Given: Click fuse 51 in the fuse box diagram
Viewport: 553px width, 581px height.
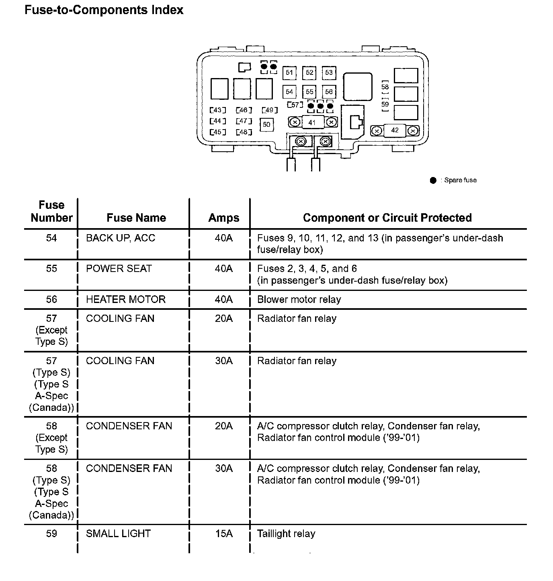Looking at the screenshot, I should (289, 73).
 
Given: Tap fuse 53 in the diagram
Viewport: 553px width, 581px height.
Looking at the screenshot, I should (329, 73).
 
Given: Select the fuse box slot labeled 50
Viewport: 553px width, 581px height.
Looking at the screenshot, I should (267, 125).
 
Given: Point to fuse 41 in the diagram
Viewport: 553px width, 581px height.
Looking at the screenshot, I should (312, 122).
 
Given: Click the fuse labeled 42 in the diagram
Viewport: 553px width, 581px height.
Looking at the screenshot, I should (395, 130).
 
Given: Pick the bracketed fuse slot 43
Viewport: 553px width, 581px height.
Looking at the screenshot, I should (218, 110).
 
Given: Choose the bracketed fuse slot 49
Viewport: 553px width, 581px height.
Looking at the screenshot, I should (269, 110).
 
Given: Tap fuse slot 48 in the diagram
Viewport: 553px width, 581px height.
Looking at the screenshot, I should (244, 132).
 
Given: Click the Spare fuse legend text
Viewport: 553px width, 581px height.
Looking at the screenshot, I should (460, 180).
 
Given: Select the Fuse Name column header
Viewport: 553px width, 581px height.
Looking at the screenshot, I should (136, 218).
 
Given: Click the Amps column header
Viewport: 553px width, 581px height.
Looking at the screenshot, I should (224, 218).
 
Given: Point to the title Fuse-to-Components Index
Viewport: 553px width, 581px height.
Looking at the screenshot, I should (104, 10).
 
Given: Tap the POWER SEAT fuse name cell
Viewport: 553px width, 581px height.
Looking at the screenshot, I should (119, 268).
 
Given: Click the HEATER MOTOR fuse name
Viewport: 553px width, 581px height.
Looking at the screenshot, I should (126, 299).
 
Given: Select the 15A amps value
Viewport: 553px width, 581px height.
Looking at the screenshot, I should (224, 534).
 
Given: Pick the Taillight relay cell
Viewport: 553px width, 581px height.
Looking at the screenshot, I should (286, 534).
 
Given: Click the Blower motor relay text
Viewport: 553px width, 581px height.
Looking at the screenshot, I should (299, 299).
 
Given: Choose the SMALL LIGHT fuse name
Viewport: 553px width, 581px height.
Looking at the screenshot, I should (118, 534).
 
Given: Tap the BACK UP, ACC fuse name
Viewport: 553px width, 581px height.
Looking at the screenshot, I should (121, 238).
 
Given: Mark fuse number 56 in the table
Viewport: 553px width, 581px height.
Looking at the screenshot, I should (51, 299).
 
